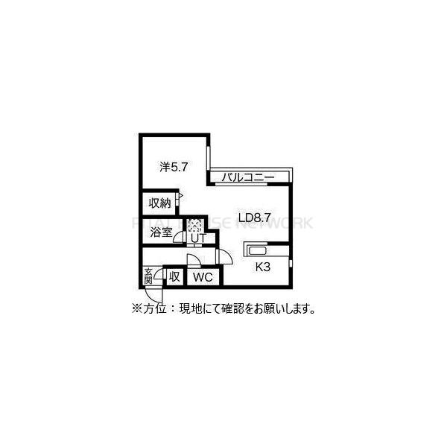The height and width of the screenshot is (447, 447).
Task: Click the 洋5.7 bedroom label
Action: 174,167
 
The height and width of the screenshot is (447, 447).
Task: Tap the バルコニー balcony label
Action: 248,177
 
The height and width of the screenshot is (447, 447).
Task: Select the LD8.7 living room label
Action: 254,218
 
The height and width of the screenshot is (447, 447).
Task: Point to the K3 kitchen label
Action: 262,267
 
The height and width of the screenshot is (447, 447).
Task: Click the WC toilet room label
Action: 203,277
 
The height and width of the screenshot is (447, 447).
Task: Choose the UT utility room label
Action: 198,238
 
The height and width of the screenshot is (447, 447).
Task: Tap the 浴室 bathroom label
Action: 161,232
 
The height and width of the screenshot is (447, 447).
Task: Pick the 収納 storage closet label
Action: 159,203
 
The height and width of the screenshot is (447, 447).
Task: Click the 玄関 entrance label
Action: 148,276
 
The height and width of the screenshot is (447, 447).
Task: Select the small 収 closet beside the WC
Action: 174,276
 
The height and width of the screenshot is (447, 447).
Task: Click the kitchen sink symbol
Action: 258,251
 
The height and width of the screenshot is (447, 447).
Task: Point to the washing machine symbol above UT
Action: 195,225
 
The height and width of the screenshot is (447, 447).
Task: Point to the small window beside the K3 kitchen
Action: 291,263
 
